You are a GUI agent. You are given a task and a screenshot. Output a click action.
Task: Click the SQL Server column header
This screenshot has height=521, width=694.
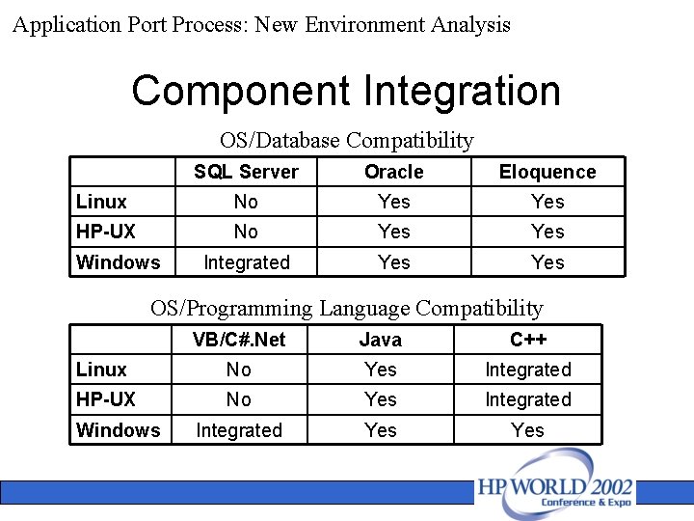point(246,172)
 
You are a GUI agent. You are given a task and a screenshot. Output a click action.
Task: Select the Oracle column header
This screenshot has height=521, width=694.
point(393,172)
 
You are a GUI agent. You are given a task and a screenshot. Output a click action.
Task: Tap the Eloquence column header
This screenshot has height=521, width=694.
point(547,172)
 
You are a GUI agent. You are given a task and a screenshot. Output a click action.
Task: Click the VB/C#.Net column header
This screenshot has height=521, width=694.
point(238,340)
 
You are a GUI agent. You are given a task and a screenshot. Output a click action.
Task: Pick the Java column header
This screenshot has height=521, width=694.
point(381,340)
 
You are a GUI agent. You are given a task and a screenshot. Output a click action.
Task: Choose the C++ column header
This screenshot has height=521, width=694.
point(528,340)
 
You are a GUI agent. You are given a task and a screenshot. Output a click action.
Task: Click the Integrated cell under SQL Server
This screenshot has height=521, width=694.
point(246,262)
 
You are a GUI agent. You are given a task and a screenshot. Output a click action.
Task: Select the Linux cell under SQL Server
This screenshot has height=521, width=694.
point(246,202)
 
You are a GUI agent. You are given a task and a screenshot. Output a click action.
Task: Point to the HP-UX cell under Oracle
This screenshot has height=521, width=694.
point(393,232)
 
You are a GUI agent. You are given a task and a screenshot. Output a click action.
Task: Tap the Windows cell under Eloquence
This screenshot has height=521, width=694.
point(547,262)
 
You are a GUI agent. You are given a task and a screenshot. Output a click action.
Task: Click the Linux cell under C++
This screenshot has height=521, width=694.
point(528,370)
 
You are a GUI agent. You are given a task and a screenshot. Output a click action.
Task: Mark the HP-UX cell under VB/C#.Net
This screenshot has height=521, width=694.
point(238,399)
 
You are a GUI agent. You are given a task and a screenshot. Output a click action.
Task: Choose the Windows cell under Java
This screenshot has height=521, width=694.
point(381,430)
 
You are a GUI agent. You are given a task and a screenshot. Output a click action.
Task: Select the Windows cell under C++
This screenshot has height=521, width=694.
point(528,430)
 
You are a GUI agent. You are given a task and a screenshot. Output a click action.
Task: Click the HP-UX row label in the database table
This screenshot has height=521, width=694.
point(106,232)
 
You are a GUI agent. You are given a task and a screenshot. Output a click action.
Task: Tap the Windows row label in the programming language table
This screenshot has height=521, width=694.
point(118,430)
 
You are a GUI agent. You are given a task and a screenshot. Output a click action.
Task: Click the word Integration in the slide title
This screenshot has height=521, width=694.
point(462,92)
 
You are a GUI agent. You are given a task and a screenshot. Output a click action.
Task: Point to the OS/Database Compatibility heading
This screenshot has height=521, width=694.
point(347,141)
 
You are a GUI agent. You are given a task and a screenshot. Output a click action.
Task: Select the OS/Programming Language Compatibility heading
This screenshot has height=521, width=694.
point(347,309)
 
